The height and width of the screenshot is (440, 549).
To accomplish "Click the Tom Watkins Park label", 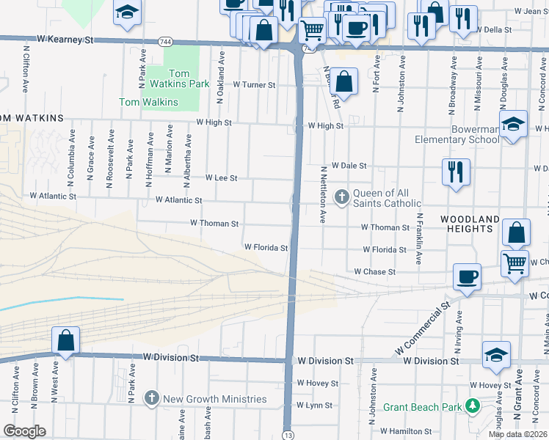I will [x=179, y=78].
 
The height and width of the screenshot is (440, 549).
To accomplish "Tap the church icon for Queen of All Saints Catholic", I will [x=341, y=196].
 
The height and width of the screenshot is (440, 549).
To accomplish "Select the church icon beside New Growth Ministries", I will [x=152, y=398].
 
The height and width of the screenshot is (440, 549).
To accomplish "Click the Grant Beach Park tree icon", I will [x=473, y=406].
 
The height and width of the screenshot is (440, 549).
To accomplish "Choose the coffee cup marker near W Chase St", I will [x=468, y=276].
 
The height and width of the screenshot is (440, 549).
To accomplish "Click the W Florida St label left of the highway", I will [x=266, y=248].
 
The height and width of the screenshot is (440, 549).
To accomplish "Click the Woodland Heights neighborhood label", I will [x=470, y=224].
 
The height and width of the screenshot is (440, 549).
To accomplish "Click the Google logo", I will [x=24, y=431].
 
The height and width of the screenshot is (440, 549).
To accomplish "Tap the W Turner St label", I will [x=254, y=85].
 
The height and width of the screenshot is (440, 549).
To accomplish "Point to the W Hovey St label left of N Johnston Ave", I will [x=317, y=383].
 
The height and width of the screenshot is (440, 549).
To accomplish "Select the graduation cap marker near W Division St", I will [x=496, y=354].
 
